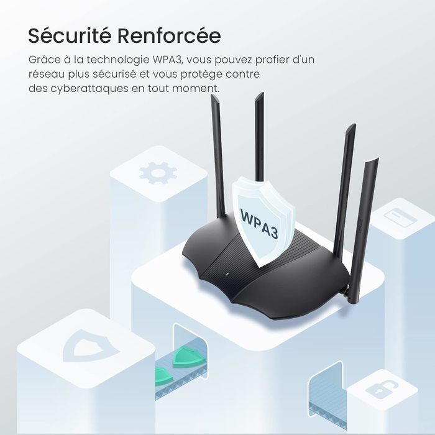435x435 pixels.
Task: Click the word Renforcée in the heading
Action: [x=174, y=35]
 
